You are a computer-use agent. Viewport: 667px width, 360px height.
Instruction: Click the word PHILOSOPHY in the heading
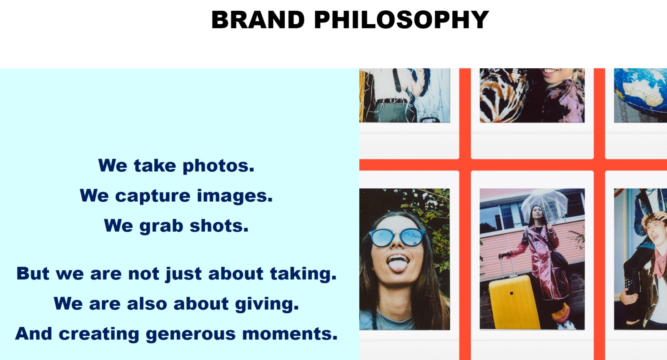coord(401,20)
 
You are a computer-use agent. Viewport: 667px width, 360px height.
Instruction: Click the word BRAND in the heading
coord(258,20)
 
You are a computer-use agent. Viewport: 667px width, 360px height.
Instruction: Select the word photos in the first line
coord(218,166)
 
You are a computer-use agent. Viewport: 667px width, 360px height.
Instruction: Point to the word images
coord(235,196)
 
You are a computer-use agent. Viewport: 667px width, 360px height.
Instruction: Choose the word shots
coord(219,226)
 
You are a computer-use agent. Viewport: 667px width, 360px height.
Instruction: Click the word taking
coord(303,274)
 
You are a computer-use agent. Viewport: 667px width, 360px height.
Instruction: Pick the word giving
coord(267,304)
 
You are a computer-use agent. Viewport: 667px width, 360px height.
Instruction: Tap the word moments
coord(290,334)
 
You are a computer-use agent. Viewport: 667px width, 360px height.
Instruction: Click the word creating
coord(99,334)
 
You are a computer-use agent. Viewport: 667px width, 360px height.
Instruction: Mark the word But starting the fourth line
coord(33,274)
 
